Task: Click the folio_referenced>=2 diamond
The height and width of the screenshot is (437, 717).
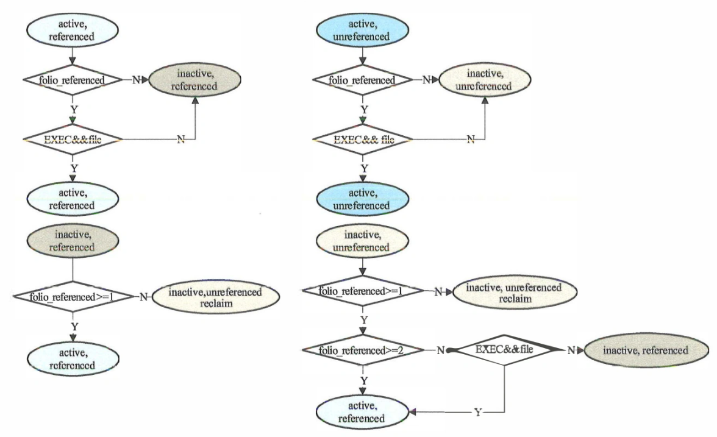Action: coord(363,350)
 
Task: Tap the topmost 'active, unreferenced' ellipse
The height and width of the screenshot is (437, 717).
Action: coord(364,31)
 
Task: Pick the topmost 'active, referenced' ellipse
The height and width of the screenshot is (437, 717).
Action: coord(73,31)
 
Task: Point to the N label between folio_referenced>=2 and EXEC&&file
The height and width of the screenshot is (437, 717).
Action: coord(440,351)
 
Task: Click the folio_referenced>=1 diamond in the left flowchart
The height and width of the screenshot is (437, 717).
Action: coord(73,297)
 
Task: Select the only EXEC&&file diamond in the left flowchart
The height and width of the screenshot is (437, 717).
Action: coord(73,140)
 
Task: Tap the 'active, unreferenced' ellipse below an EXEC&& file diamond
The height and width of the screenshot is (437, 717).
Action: coord(364,200)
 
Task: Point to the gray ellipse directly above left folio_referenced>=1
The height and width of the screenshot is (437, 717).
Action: coord(73,241)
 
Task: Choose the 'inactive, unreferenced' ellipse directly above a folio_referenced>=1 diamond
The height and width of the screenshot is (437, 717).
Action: coord(364,242)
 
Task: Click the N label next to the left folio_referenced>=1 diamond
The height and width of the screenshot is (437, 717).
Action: coord(144,297)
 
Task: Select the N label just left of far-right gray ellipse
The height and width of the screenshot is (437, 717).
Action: coord(571,350)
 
